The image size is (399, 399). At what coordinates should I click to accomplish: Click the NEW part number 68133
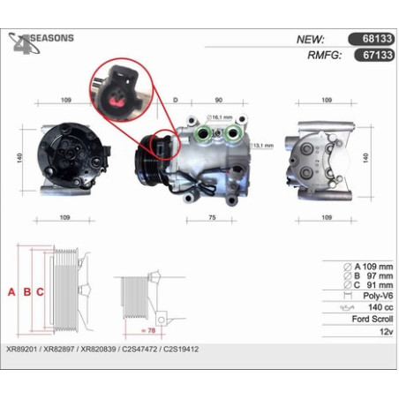pyautogui.click(x=377, y=39)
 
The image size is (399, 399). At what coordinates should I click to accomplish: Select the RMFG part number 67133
pyautogui.click(x=378, y=55)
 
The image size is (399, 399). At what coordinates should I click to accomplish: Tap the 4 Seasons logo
pyautogui.click(x=41, y=43)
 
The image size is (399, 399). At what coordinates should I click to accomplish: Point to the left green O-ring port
pyautogui.click(x=203, y=133)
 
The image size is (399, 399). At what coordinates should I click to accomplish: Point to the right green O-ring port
pyautogui.click(x=233, y=132)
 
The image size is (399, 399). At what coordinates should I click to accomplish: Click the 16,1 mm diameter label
pyautogui.click(x=219, y=117)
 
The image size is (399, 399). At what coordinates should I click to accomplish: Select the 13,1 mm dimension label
pyautogui.click(x=262, y=146)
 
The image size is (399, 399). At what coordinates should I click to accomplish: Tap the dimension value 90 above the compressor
pyautogui.click(x=219, y=100)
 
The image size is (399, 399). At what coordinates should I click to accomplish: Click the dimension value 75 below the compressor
pyautogui.click(x=212, y=217)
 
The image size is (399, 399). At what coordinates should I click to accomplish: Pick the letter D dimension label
pyautogui.click(x=176, y=100)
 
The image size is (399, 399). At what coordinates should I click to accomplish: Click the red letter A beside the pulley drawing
pyautogui.click(x=11, y=292)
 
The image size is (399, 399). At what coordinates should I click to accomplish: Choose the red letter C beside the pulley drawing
pyautogui.click(x=40, y=292)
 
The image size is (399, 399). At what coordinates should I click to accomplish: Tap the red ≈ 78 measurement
pyautogui.click(x=148, y=330)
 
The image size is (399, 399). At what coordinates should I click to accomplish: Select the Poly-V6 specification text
pyautogui.click(x=378, y=296)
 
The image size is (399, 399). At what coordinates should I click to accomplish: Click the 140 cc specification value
pyautogui.click(x=380, y=307)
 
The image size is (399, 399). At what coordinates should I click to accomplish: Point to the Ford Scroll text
pyautogui.click(x=373, y=319)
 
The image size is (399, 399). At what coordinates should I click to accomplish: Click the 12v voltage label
pyautogui.click(x=387, y=332)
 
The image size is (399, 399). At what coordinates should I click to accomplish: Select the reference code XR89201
pyautogui.click(x=22, y=350)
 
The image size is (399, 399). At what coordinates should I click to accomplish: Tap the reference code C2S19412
pyautogui.click(x=181, y=350)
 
